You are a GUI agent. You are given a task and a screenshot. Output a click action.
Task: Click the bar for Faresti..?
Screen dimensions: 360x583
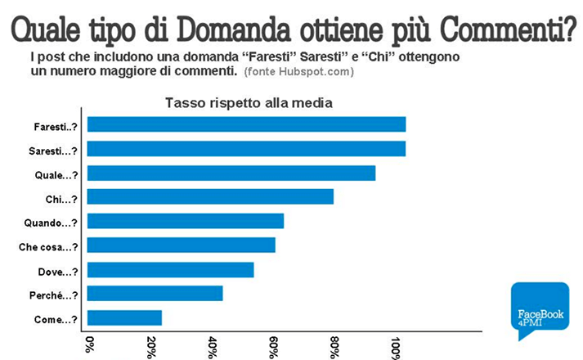(x=245, y=124)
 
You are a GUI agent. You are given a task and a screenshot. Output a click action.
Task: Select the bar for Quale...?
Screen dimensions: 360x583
(x=231, y=173)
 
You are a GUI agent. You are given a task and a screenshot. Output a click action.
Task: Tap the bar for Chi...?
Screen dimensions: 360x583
(x=209, y=197)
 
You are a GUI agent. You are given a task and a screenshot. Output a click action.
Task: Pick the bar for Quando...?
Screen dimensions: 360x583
(x=185, y=221)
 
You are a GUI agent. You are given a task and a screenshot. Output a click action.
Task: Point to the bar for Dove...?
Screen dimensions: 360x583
(x=170, y=270)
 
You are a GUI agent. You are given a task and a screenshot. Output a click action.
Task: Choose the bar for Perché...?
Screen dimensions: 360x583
(x=155, y=294)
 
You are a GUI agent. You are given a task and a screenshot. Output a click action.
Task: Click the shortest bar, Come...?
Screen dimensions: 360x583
(x=123, y=318)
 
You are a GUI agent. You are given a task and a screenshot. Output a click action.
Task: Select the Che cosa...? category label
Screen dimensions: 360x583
(x=48, y=246)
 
